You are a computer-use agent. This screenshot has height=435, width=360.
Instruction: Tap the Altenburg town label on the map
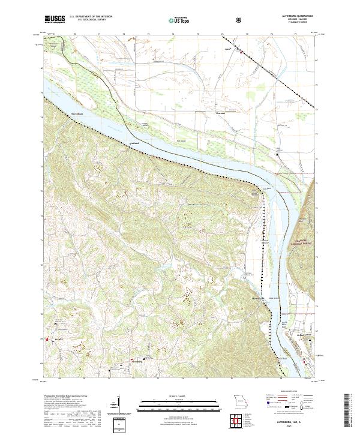point(137,362)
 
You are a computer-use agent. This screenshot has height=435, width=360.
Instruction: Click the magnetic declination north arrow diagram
point(118,404)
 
